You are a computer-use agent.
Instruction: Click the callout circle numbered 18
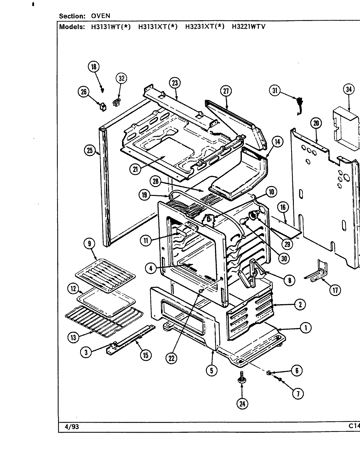click(93, 67)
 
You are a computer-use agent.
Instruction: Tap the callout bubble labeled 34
click(349, 89)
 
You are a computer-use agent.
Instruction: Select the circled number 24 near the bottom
click(242, 404)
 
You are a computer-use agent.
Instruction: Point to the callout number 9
click(89, 243)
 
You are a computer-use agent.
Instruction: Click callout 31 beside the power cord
click(275, 91)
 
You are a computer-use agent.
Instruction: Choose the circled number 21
click(135, 169)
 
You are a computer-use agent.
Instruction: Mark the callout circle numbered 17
click(334, 290)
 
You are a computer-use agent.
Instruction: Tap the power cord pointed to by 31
click(298, 105)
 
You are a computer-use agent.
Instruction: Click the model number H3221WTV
click(248, 27)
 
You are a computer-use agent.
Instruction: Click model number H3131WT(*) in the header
click(111, 27)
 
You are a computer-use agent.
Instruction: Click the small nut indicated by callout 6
click(269, 373)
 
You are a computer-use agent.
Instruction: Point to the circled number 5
click(212, 371)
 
